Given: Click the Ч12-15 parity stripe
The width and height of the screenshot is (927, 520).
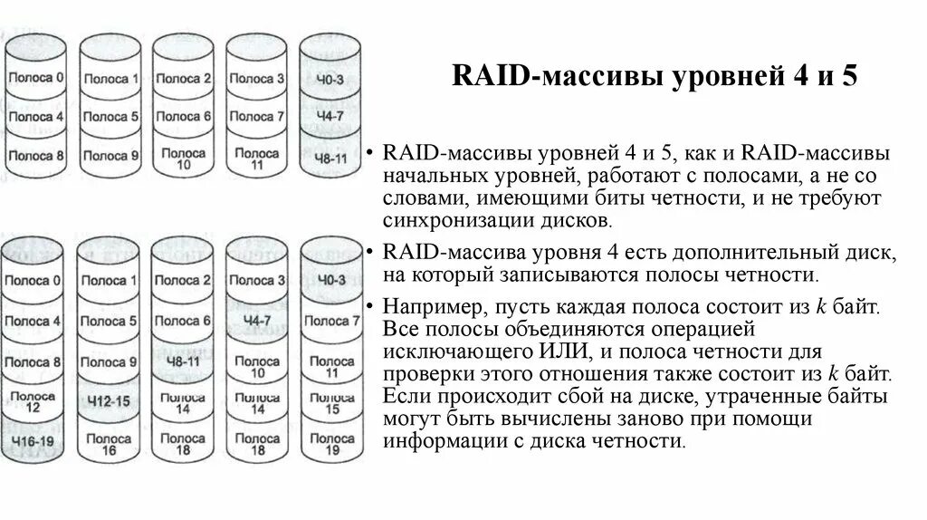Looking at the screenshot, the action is [109, 401].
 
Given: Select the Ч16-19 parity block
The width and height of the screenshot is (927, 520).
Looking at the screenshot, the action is [34, 440].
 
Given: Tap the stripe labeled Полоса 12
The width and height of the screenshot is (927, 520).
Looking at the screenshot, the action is [34, 401].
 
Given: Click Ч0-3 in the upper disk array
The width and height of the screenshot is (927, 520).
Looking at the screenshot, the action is [330, 79].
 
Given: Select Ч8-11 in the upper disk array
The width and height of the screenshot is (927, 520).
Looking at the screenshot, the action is [330, 158].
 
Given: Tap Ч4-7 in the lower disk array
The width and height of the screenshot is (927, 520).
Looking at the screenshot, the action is [257, 321].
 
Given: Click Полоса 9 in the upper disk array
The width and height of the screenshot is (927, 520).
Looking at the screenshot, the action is [111, 155].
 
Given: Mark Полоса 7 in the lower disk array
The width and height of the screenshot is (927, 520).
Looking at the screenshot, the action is [330, 321].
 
